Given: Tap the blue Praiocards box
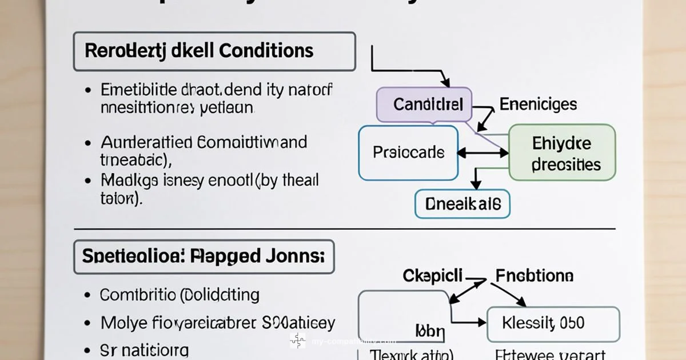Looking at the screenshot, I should point(408,153).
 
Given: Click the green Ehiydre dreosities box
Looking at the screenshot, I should point(561,153).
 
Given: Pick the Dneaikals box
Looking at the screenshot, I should point(462,204).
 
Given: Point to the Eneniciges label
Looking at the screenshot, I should point(538,104).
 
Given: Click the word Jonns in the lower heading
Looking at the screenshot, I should point(293,255).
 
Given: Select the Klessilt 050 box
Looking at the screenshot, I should point(552,324).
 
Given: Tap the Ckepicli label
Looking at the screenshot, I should point(433,275).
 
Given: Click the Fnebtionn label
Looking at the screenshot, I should point(534,275).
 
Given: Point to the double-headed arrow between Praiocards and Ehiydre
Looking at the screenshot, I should point(483,153).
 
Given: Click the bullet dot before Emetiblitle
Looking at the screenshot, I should point(87,91).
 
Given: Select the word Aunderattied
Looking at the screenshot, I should point(146,142).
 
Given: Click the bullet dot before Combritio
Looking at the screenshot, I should point(87,295).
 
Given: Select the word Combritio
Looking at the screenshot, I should point(137,295).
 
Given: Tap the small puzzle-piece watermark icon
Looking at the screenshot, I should point(297,341).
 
